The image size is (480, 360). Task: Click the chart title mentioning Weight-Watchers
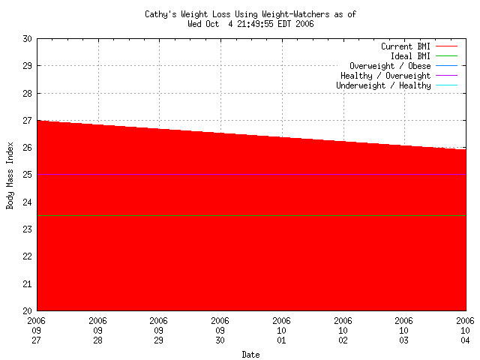[x=250, y=14]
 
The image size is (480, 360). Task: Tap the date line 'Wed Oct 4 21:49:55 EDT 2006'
[x=250, y=23]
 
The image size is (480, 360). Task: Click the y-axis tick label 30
[x=27, y=38]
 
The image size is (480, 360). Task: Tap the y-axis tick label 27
[x=27, y=120]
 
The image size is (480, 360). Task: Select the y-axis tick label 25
[x=27, y=175]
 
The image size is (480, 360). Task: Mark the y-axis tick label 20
[x=27, y=310]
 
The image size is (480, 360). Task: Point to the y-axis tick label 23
[x=27, y=229]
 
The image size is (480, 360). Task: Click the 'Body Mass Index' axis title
[x=10, y=174]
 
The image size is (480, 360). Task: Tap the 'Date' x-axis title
[x=250, y=354]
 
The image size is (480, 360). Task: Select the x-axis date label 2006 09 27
[x=37, y=331]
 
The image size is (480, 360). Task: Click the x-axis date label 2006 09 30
[x=220, y=331]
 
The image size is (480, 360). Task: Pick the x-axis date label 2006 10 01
[x=282, y=331]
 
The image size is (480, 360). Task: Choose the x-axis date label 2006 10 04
[x=465, y=331]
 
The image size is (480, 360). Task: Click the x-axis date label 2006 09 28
[x=98, y=331]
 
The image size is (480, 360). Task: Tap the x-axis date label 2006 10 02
[x=343, y=331]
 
